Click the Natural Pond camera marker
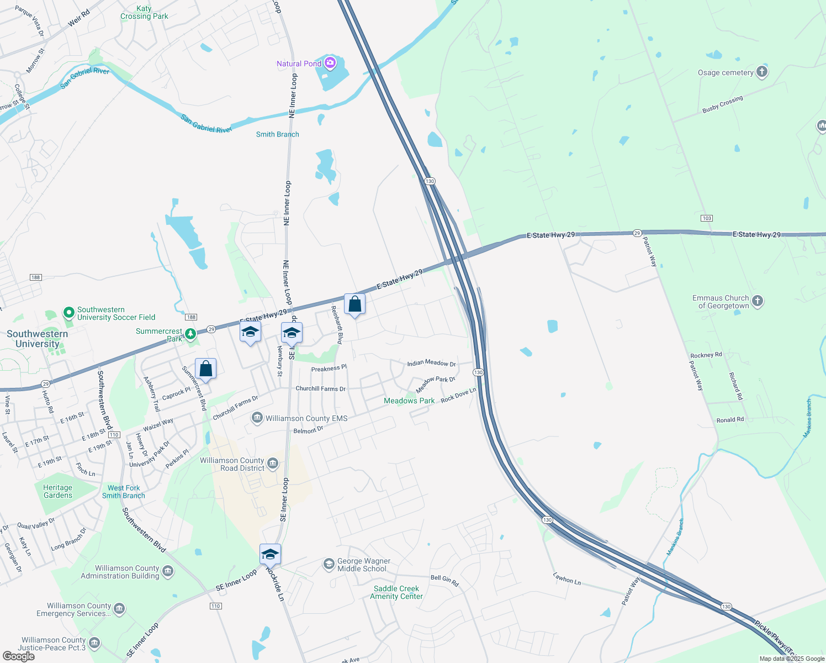pyautogui.click(x=330, y=63)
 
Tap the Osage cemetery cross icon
pyautogui.click(x=761, y=72)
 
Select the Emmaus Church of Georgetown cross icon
pyautogui.click(x=758, y=301)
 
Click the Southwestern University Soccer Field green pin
pyautogui.click(x=69, y=313)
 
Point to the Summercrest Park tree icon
pyautogui.click(x=190, y=334)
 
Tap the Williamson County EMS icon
pyautogui.click(x=257, y=418)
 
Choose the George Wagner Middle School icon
pyautogui.click(x=329, y=564)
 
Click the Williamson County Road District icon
pyautogui.click(x=272, y=464)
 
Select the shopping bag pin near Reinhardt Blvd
pyautogui.click(x=354, y=304)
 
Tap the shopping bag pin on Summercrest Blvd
pyautogui.click(x=205, y=369)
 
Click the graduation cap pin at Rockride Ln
pyautogui.click(x=270, y=554)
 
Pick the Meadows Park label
pyautogui.click(x=409, y=401)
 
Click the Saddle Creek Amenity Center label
pyautogui.click(x=396, y=592)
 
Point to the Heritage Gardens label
pyautogui.click(x=58, y=491)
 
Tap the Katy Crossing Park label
pyautogui.click(x=144, y=12)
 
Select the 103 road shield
pyautogui.click(x=707, y=218)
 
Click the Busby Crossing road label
pyautogui.click(x=722, y=104)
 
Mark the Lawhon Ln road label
pyautogui.click(x=567, y=578)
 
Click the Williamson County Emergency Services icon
pyautogui.click(x=119, y=609)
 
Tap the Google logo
pyautogui.click(x=18, y=656)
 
